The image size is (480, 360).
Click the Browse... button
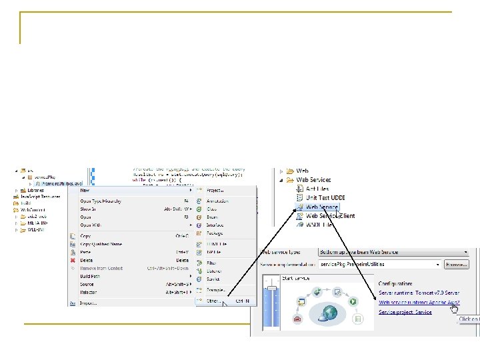456,264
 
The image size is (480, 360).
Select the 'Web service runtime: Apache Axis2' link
419,302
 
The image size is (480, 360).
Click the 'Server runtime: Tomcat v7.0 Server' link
419,293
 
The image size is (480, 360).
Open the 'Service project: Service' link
405,311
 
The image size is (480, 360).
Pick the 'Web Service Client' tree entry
330,216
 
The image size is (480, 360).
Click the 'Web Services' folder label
313,180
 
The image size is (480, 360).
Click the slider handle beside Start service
270,288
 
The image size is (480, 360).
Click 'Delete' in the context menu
87,260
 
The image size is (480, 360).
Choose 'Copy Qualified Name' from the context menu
101,244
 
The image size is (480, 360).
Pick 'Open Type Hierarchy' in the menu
101,201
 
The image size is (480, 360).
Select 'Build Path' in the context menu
91,276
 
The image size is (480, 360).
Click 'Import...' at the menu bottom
88,302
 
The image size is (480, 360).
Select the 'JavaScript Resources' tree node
40,197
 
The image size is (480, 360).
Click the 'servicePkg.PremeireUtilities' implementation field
377,264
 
